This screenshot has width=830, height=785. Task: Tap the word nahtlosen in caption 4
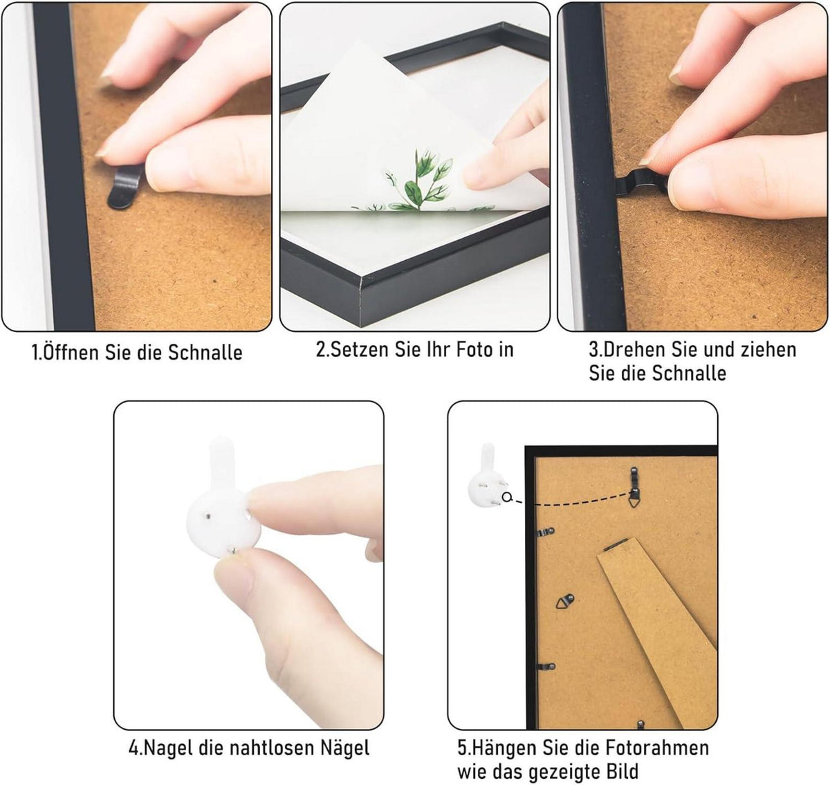(273, 748)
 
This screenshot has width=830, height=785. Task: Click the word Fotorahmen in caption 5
(658, 748)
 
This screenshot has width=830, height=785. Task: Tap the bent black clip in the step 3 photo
(641, 183)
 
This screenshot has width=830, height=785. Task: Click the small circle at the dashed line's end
(506, 498)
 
